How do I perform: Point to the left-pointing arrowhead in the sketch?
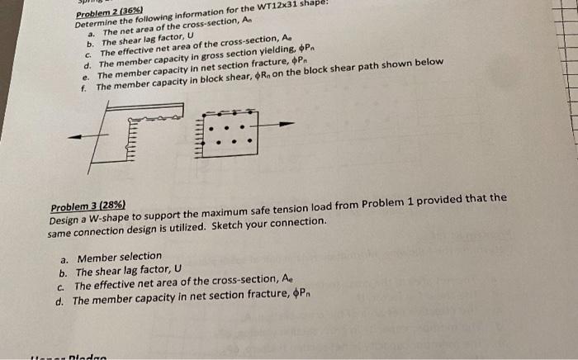coord(73,137)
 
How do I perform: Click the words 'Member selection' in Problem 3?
coord(119,258)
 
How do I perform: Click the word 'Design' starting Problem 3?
coord(64,221)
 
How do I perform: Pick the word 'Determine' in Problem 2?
coord(97,24)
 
